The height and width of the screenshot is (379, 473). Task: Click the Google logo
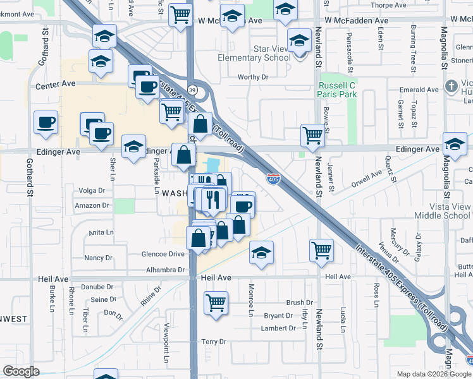pos(21,371)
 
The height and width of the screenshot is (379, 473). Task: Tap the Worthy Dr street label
pos(253,77)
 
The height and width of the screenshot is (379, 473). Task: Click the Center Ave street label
pos(56,85)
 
